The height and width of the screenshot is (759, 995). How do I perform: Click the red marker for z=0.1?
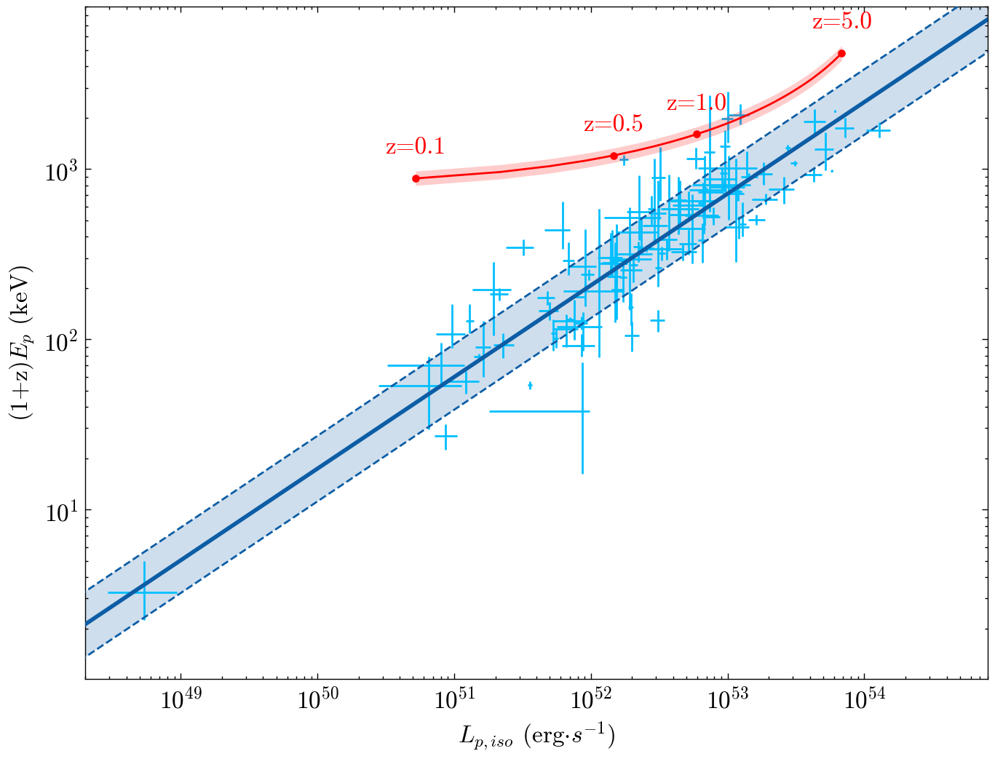tap(416, 178)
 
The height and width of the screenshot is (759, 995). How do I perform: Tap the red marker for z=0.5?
tap(614, 156)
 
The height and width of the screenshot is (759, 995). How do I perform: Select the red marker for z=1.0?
tap(697, 134)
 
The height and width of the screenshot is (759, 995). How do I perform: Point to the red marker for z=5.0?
tap(841, 53)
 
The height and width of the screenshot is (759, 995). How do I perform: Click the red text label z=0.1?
tap(415, 147)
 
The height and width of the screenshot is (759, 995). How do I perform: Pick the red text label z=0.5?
tap(614, 124)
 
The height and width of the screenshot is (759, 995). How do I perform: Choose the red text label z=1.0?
tap(697, 103)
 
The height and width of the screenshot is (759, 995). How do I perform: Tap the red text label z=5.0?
tap(842, 22)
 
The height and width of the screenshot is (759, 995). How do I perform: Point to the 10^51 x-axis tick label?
tap(454, 701)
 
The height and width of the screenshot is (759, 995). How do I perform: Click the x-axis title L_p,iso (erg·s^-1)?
tap(537, 737)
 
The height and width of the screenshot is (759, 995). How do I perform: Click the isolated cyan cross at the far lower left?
tap(144, 592)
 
